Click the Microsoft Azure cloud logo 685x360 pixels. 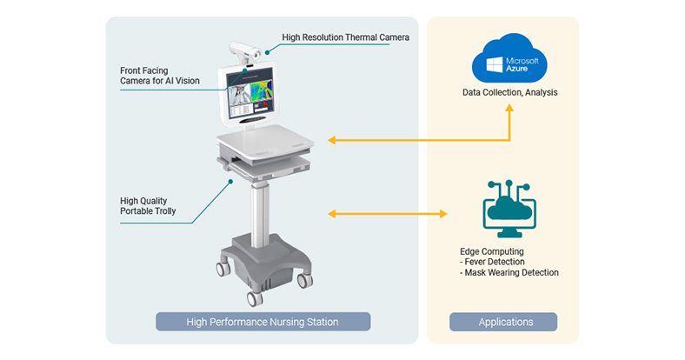pyautogui.click(x=509, y=58)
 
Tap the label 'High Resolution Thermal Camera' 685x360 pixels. pyautogui.click(x=346, y=37)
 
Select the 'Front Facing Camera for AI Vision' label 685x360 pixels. pyautogui.click(x=160, y=76)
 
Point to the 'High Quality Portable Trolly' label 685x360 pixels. pyautogui.click(x=148, y=206)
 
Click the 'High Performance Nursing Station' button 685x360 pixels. pyautogui.click(x=263, y=322)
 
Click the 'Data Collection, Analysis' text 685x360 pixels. pyautogui.click(x=509, y=92)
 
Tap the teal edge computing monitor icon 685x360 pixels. pyautogui.click(x=509, y=209)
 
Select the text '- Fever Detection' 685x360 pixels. pyautogui.click(x=492, y=262)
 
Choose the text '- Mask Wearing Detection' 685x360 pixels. pyautogui.click(x=509, y=273)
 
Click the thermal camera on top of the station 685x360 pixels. pyautogui.click(x=245, y=52)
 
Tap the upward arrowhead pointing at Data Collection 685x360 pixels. pyautogui.click(x=509, y=108)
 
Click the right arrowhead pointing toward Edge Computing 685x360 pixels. pyautogui.click(x=443, y=214)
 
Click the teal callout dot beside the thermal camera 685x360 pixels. pyautogui.click(x=268, y=52)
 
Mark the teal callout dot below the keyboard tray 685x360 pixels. pyautogui.click(x=230, y=182)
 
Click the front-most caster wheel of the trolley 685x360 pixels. pyautogui.click(x=255, y=298)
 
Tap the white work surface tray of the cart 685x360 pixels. pyautogui.click(x=265, y=140)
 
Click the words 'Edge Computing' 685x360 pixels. pyautogui.click(x=492, y=251)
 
